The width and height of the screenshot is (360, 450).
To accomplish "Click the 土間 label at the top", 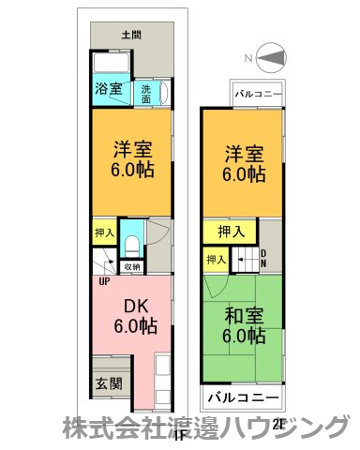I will pyautogui.click(x=132, y=35).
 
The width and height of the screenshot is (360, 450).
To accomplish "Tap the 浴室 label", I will pyautogui.click(x=107, y=91).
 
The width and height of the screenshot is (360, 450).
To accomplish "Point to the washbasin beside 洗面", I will pyautogui.click(x=164, y=93).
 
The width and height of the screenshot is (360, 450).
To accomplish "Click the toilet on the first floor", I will pyautogui.click(x=132, y=245).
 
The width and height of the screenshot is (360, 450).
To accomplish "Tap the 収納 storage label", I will pyautogui.click(x=131, y=266).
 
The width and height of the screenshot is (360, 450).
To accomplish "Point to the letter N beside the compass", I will pyautogui.click(x=249, y=58).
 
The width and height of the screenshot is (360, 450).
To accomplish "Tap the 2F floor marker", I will pyautogui.click(x=277, y=424).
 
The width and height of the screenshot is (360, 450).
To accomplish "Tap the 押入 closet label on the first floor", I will pyautogui.click(x=104, y=232).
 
